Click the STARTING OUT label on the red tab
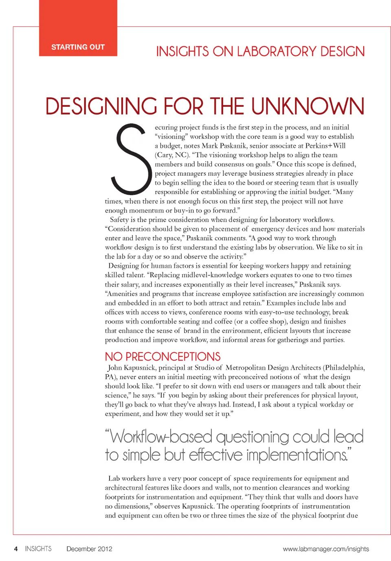[x=78, y=47]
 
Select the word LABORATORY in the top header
[x=277, y=52]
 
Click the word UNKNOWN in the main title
[x=308, y=106]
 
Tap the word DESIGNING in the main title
[x=101, y=106]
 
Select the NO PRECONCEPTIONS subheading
[x=163, y=357]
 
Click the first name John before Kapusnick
[x=115, y=368]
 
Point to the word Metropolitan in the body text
[x=246, y=368]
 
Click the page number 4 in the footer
[x=16, y=549]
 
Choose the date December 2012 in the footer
[x=89, y=549]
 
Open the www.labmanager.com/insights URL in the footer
[x=326, y=549]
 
